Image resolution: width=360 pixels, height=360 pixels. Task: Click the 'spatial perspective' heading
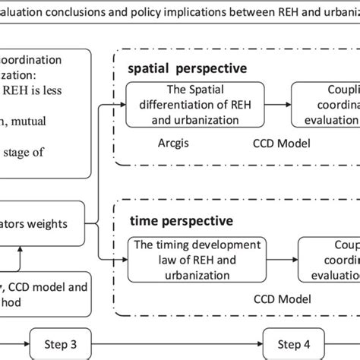pos(186,68)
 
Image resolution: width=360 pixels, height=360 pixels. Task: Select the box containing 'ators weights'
pos(46,224)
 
